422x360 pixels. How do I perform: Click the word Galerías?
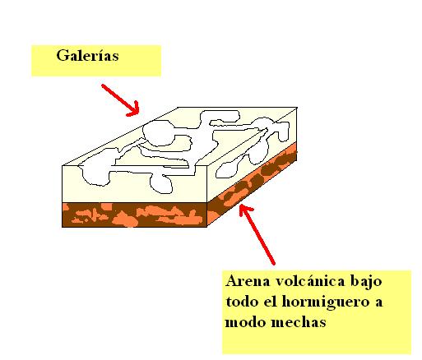(x=87, y=55)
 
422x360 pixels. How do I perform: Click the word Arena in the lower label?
(x=248, y=281)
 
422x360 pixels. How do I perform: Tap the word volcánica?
(x=310, y=281)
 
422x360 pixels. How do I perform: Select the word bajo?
(x=366, y=282)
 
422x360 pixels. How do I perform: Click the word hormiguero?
(x=326, y=302)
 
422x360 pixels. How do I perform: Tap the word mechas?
(x=299, y=321)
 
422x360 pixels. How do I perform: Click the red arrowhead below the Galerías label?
(x=134, y=109)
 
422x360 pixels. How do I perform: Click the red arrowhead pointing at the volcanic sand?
(x=244, y=210)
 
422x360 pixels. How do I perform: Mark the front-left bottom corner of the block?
(x=63, y=227)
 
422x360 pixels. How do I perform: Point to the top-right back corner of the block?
(x=297, y=108)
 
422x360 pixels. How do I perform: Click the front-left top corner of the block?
(x=63, y=165)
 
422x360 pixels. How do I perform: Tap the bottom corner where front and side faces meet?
(x=206, y=227)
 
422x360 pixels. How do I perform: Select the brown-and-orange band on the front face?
(x=134, y=215)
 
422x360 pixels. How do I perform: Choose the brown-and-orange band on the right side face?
(x=252, y=183)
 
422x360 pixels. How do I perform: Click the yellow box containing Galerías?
(x=96, y=61)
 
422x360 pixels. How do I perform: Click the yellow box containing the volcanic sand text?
(x=317, y=312)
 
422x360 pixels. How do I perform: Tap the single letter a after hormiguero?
(x=378, y=303)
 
